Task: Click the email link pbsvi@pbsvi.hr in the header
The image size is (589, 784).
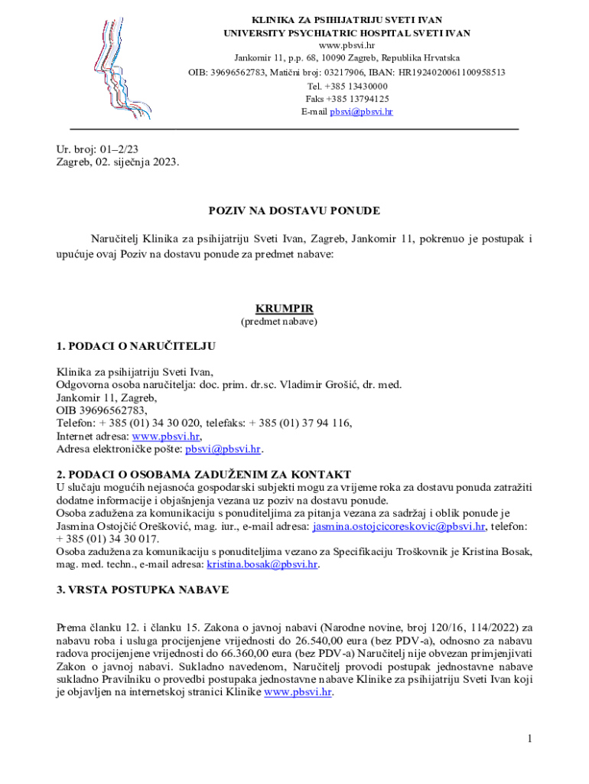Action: coord(361,112)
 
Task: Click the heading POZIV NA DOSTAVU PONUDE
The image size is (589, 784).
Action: coord(294,211)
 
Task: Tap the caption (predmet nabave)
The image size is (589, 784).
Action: coord(279,322)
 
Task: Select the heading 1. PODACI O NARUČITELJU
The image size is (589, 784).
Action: coord(136,347)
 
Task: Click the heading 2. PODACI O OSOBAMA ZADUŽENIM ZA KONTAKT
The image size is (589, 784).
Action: coord(203,475)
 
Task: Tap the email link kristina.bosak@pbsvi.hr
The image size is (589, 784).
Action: coord(262,565)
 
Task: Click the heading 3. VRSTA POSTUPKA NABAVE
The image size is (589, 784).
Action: coord(142,590)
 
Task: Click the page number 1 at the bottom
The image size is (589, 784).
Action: coord(529,739)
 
